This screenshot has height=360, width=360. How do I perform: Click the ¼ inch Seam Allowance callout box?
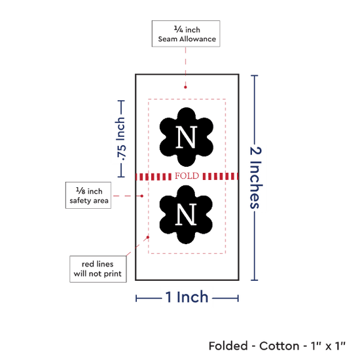click(186, 34)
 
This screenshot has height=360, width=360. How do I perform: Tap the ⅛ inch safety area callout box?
click(88, 196)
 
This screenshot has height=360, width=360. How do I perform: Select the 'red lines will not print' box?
click(98, 269)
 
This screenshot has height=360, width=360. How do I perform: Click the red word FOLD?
click(187, 176)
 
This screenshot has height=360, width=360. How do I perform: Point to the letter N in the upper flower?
click(187, 137)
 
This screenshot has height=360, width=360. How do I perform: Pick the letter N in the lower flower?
click(186, 214)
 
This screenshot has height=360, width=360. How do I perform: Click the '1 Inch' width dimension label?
click(187, 297)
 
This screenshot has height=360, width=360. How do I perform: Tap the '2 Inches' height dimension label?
click(255, 177)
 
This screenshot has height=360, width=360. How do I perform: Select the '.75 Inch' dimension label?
click(121, 139)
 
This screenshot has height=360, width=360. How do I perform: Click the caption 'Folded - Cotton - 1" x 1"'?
click(277, 346)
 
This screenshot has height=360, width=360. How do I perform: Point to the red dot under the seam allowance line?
click(185, 87)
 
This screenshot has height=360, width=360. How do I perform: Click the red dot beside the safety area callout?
click(142, 196)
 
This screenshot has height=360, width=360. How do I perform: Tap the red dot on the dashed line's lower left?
click(148, 237)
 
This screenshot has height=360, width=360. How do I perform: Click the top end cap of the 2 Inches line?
click(255, 75)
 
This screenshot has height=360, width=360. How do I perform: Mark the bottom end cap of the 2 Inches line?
click(255, 280)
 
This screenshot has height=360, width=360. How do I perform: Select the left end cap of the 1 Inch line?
click(136, 298)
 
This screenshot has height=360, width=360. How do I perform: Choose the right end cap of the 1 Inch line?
click(238, 298)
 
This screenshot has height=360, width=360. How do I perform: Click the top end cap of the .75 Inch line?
click(121, 101)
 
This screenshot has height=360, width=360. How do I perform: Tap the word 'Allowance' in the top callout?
click(198, 39)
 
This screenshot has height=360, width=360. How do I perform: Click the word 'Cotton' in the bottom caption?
click(279, 346)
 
